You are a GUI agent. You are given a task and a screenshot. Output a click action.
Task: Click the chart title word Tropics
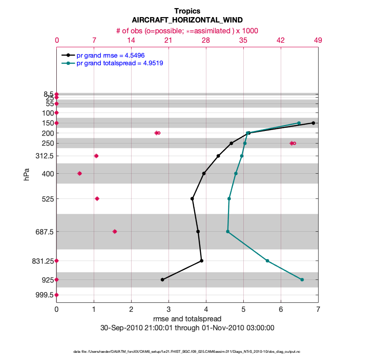tap(187, 11)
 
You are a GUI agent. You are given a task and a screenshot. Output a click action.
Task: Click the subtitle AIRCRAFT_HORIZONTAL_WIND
tap(187, 20)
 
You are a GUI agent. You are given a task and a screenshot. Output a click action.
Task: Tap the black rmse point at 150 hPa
tap(313, 123)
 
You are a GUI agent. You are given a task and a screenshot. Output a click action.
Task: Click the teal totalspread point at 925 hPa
tap(302, 279)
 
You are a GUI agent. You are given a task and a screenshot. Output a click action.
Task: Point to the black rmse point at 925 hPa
tap(162, 279)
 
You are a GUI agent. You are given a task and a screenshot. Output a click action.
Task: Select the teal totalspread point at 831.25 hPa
tap(267, 261)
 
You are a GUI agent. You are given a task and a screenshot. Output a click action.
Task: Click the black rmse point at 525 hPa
tap(192, 198)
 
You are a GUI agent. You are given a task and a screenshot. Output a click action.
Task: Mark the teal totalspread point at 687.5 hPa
tap(228, 231)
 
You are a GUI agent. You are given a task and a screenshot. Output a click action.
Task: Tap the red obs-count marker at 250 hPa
tap(293, 143)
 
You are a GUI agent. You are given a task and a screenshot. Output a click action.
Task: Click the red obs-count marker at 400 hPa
tap(80, 173)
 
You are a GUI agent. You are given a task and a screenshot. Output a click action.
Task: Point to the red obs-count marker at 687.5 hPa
tap(114, 231)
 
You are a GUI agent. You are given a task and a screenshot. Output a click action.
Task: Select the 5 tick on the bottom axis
tap(243, 310)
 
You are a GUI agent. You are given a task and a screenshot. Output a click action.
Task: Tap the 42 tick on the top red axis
tap(281, 40)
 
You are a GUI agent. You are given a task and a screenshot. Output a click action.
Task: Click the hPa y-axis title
tap(27, 175)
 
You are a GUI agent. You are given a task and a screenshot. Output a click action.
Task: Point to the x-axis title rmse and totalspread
tap(187, 319)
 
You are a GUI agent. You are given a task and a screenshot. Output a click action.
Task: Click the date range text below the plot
tap(187, 328)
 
